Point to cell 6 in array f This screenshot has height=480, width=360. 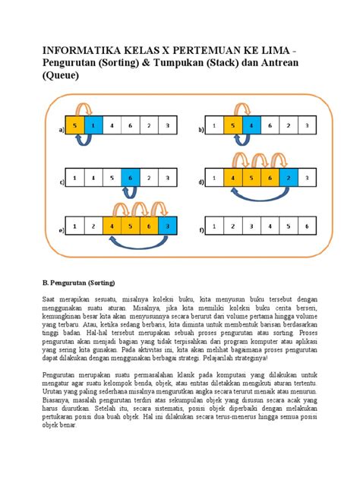pos(305,226)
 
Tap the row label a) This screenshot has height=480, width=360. pos(58,131)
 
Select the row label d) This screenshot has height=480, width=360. pos(200,182)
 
